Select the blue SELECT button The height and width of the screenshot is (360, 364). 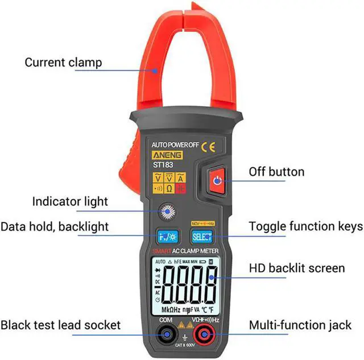(x=201, y=237)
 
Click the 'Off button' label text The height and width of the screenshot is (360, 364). (x=276, y=171)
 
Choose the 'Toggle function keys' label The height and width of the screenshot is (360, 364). (x=305, y=226)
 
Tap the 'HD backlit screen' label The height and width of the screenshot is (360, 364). (x=296, y=267)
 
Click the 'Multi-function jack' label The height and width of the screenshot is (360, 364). (x=300, y=325)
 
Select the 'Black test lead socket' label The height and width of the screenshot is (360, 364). (x=61, y=325)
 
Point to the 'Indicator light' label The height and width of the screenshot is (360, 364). (x=70, y=201)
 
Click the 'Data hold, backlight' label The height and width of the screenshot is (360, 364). (x=55, y=226)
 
